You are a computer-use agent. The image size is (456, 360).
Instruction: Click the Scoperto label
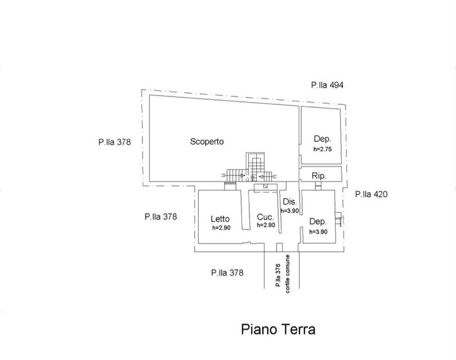[207, 142]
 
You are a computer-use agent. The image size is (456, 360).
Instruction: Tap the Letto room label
[220, 219]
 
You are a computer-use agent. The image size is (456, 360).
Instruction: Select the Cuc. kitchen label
[265, 217]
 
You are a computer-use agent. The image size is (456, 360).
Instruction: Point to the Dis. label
[290, 202]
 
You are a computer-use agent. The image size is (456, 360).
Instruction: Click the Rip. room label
[319, 176]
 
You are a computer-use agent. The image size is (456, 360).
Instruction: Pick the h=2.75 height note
[323, 149]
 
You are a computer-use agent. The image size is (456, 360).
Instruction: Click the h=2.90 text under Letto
[221, 228]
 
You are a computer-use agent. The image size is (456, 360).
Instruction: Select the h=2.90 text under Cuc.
[266, 225]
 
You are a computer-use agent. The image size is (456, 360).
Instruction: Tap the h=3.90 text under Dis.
[290, 211]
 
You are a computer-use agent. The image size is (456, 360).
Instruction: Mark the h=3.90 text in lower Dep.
[318, 232]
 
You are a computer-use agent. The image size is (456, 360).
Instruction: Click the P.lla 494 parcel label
[327, 85]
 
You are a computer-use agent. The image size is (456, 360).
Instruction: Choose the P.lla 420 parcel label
[372, 194]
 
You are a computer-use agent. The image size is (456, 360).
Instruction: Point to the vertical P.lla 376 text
[278, 275]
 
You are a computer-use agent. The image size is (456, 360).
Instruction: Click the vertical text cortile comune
[288, 274]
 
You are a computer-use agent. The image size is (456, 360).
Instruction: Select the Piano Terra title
[278, 330]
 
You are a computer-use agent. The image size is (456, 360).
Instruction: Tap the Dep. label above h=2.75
[323, 139]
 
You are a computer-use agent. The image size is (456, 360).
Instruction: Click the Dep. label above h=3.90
[318, 221]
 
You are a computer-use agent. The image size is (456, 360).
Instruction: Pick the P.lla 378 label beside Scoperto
[115, 142]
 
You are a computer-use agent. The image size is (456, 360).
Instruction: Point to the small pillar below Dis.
[279, 247]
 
